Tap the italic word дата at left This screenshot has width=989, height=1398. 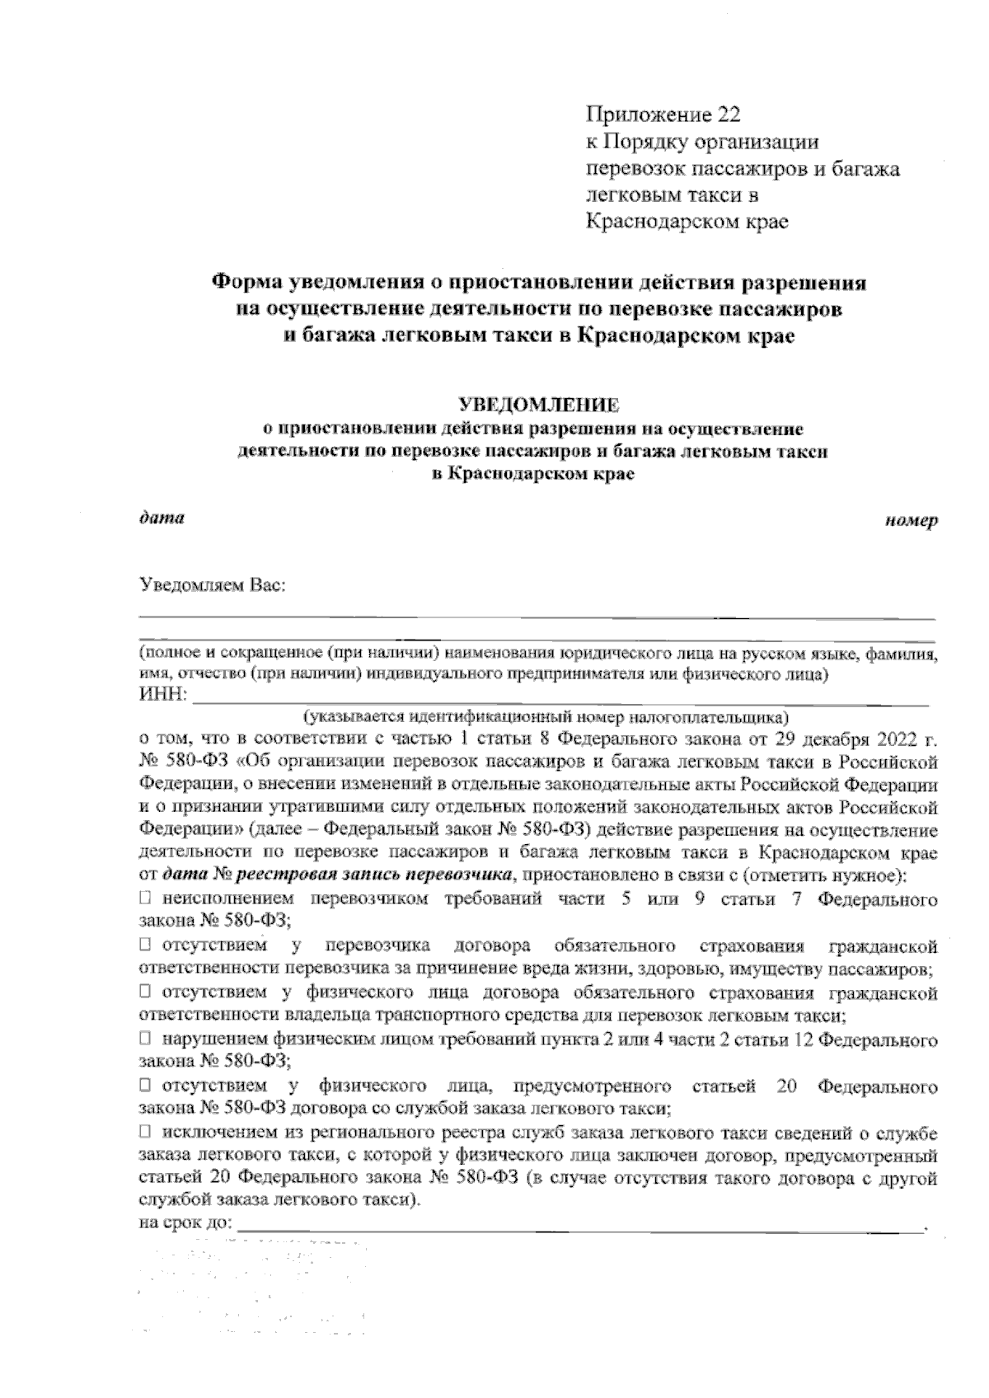[x=161, y=518]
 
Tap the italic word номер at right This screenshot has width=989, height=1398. [x=911, y=522]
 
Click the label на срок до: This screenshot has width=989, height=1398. [x=186, y=1222]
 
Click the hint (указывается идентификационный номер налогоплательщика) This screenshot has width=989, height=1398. [x=545, y=715]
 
